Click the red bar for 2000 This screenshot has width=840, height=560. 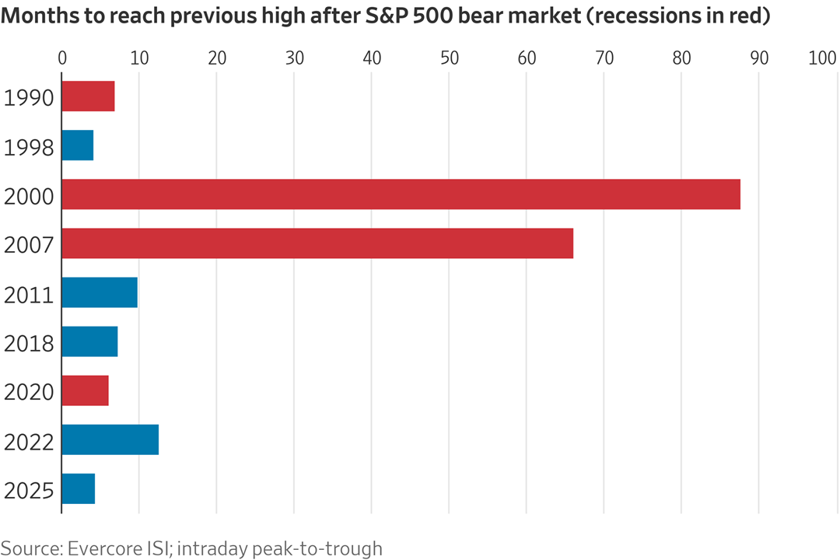click(x=401, y=194)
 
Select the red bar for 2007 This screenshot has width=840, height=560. click(x=317, y=243)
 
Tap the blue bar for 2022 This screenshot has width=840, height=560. click(x=110, y=439)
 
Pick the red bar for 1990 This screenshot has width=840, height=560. click(x=88, y=96)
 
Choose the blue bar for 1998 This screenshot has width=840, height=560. click(x=77, y=145)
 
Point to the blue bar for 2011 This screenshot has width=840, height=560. click(x=100, y=292)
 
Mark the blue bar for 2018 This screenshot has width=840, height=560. click(x=89, y=341)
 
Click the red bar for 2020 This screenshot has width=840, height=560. click(x=85, y=390)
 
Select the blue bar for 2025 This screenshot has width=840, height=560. click(x=78, y=488)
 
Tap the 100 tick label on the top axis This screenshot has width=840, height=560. click(x=822, y=58)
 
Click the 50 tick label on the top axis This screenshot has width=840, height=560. click(x=449, y=58)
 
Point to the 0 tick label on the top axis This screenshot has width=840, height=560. click(x=62, y=58)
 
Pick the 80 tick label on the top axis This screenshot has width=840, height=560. click(x=681, y=58)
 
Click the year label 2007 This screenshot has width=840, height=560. click(x=29, y=246)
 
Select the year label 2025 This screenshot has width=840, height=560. click(x=29, y=491)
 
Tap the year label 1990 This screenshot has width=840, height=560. click(x=29, y=99)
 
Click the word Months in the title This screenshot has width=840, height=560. click(x=33, y=16)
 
